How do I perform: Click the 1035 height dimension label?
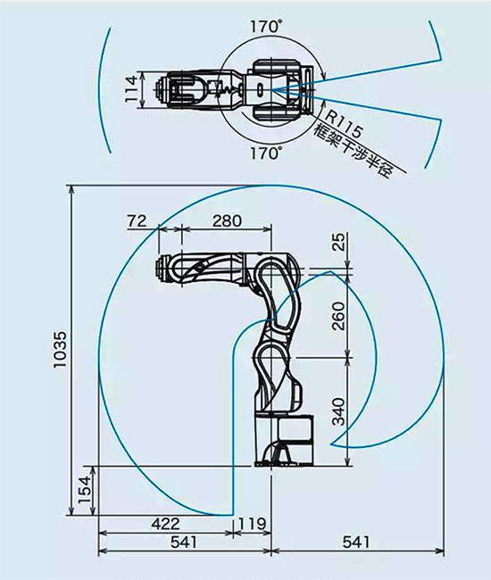[x=60, y=349]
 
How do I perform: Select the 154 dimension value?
[x=84, y=489]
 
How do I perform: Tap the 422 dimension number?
[x=165, y=524]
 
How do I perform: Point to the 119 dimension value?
[x=252, y=524]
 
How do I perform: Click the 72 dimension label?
[x=137, y=221]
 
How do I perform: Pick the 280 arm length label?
[x=227, y=220]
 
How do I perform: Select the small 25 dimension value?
[x=338, y=242]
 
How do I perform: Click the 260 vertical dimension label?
[x=338, y=316]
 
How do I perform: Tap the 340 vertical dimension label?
[x=338, y=411]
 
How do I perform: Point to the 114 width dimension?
[x=130, y=89]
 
